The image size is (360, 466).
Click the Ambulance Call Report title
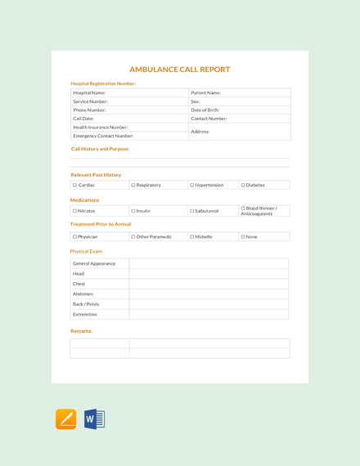180,69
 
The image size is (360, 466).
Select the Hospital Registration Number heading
103,83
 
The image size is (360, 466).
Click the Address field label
200,131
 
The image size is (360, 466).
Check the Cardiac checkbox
74,186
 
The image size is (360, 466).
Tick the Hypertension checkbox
192,186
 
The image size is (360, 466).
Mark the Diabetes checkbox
243,186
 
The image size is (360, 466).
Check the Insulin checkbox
133,211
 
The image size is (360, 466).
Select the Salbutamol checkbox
192,211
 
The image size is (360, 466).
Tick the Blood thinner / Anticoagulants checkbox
243,208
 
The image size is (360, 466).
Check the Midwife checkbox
192,236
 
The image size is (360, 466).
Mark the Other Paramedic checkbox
133,236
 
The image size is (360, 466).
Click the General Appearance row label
94,264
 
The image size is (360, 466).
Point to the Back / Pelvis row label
86,304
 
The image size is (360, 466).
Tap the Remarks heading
82,331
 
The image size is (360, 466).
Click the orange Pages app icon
66,419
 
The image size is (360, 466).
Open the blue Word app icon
94,419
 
